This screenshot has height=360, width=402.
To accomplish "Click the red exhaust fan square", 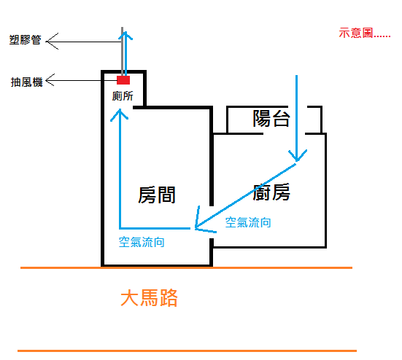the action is (123, 80).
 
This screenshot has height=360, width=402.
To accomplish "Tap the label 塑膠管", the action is (25, 40).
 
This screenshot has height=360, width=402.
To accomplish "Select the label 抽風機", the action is (26, 82).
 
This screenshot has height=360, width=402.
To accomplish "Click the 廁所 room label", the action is (123, 96).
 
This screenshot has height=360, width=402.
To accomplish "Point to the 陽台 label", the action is (271, 118).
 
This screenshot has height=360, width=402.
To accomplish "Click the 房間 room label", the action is (157, 195).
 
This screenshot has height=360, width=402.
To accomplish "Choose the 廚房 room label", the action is (271, 192).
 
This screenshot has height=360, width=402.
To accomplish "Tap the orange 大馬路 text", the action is (149, 298).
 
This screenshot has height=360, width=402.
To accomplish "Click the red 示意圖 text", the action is (364, 34).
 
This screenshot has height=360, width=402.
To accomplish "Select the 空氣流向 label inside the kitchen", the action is (248, 222).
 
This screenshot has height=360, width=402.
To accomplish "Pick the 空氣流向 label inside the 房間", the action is (142, 242).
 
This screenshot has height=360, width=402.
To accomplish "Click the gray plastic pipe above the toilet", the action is (123, 52).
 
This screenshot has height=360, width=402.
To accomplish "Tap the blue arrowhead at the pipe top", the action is (125, 36).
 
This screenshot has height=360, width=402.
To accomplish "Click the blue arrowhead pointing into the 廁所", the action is (120, 114).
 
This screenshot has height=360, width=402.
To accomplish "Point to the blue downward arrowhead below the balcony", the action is (298, 155).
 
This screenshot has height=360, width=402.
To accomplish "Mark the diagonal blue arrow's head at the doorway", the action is (203, 222).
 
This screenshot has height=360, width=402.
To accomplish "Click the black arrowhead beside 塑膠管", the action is (52, 42).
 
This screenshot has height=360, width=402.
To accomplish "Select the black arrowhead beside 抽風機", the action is (50, 80).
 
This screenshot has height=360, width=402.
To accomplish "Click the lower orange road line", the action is (188, 351).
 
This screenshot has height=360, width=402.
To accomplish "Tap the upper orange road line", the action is (186, 268).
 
